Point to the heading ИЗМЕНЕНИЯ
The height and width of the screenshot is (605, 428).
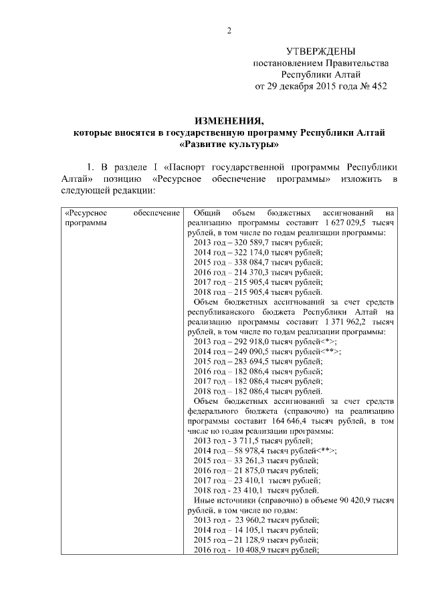229,120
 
